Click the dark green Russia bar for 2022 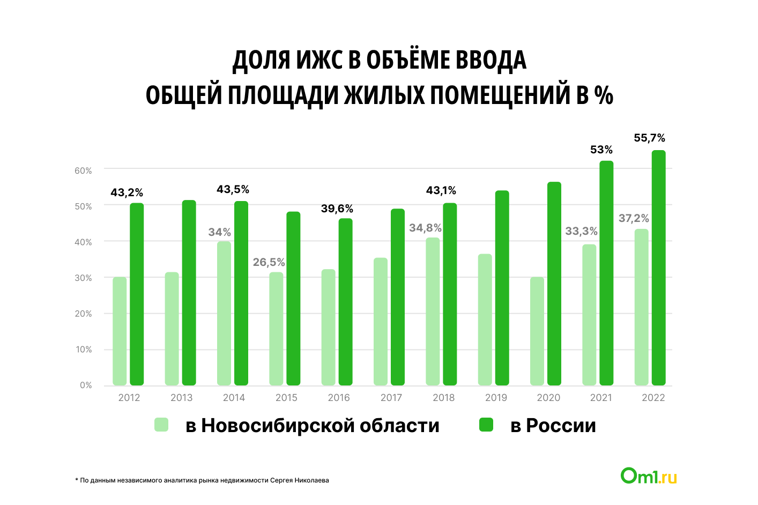(658, 268)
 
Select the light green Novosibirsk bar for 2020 (537, 331)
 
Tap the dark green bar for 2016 (345, 302)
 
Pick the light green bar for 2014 (224, 314)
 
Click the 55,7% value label (649, 138)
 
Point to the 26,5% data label (269, 263)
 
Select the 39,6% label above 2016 (337, 209)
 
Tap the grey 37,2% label (634, 219)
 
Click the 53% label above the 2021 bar (601, 150)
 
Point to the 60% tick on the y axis (83, 170)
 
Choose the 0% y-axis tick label (86, 385)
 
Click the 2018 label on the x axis (443, 398)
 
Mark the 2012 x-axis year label (129, 398)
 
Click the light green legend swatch (161, 425)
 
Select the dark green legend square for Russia (486, 425)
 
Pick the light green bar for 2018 (433, 311)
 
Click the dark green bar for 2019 (502, 288)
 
